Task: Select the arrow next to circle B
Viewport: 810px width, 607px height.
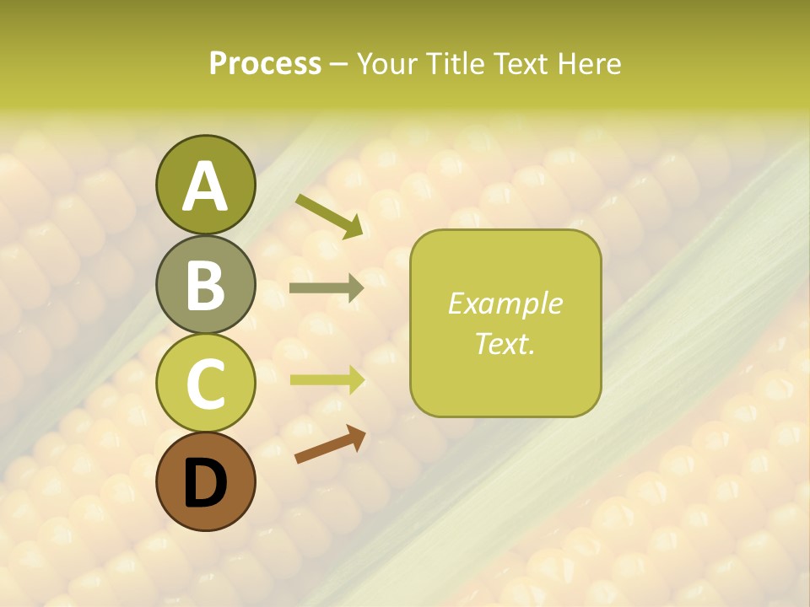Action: tap(327, 288)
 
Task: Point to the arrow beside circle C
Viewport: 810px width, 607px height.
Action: tap(327, 379)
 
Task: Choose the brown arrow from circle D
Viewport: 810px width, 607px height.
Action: tap(330, 445)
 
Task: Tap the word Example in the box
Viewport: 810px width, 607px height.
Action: tap(505, 303)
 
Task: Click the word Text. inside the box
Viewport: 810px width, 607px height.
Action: tap(505, 343)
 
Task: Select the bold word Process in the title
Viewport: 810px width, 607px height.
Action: tap(265, 63)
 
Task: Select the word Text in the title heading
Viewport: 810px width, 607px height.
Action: tap(521, 63)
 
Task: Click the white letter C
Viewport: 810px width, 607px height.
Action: tap(205, 384)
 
